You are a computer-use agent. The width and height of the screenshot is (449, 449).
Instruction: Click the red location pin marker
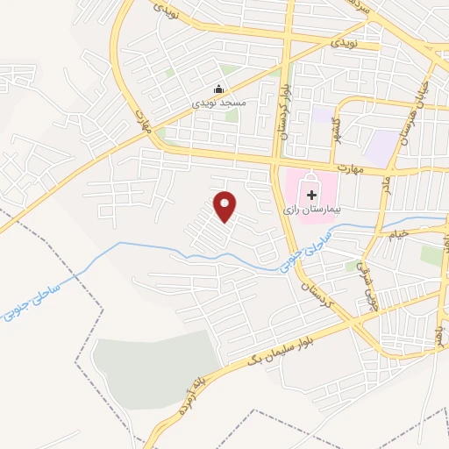point(225,206)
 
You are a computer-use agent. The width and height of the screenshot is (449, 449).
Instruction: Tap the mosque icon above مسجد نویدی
point(219,89)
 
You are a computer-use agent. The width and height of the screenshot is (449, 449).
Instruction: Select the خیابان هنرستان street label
point(405,118)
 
